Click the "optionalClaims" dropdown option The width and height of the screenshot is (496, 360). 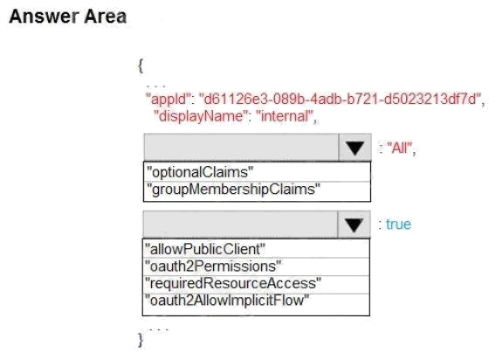coord(257,172)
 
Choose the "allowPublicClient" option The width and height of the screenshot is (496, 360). coord(256,248)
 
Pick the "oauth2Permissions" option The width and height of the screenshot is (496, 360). coord(256,267)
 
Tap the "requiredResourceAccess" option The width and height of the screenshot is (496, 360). coord(256,284)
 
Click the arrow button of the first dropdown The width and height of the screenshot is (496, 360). coord(355,147)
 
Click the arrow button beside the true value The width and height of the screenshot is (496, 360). coord(354,225)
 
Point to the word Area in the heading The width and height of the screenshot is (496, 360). coord(106,17)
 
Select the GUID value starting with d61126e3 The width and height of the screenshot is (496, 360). coord(339,99)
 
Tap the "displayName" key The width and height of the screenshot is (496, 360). coord(200,116)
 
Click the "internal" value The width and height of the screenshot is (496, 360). coord(286,116)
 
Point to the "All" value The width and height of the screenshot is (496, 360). coord(400,148)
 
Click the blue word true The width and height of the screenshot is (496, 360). coord(398,225)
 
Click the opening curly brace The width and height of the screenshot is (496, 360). coord(141,66)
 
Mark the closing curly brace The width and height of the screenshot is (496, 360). coord(141,341)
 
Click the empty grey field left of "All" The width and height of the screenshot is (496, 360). coord(241,147)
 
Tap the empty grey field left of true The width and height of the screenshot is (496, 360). coord(240,225)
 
